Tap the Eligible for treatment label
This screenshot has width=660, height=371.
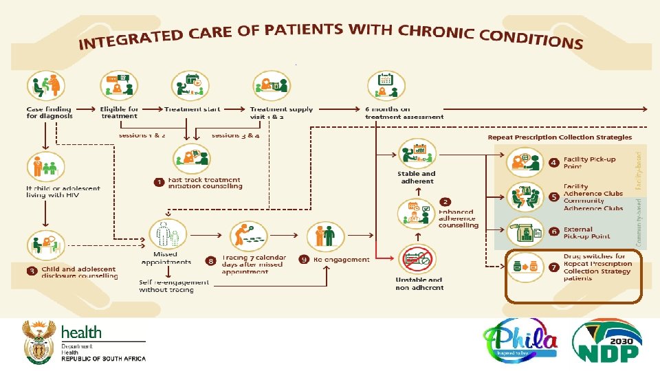click(119, 113)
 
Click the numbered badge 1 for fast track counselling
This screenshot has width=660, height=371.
click(158, 183)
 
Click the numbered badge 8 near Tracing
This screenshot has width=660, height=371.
click(210, 261)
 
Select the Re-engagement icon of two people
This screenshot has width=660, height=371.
click(324, 237)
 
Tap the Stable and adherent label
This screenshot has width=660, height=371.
click(417, 178)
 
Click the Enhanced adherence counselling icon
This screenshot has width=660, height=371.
click(417, 213)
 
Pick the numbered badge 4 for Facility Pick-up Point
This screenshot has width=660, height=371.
click(553, 163)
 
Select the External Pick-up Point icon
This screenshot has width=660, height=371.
click(524, 232)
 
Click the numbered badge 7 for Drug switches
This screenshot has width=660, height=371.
click(553, 265)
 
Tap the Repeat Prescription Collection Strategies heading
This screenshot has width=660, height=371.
click(560, 137)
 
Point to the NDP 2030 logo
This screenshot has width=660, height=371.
click(607, 340)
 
